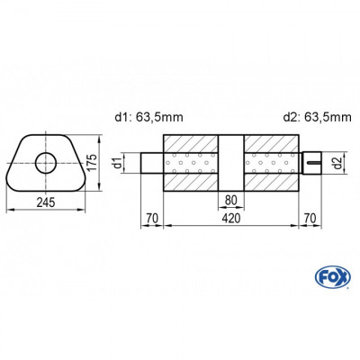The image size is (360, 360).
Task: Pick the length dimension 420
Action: click(230, 217)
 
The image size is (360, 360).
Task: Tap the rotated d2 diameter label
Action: click(336, 163)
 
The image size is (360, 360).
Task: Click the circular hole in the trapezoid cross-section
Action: click(43, 163)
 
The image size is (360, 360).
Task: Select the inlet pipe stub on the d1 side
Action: click(151, 163)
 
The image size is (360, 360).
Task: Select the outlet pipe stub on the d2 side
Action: click(310, 163)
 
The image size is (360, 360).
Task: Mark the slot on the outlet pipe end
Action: click(315, 163)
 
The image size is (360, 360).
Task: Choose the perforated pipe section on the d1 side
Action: click(191, 163)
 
